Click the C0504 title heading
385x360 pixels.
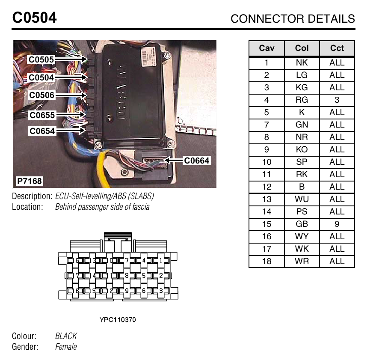pyautogui.click(x=34, y=18)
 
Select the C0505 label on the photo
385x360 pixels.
pyautogui.click(x=41, y=60)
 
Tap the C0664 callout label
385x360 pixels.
pyautogui.click(x=197, y=161)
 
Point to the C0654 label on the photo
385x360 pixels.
pyautogui.click(x=42, y=131)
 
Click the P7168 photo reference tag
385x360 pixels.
pyautogui.click(x=30, y=181)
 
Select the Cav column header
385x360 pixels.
pyautogui.click(x=267, y=48)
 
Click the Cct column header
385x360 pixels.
pyautogui.click(x=337, y=48)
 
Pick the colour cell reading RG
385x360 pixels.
pyautogui.click(x=302, y=100)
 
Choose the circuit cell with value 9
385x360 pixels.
pyautogui.click(x=337, y=224)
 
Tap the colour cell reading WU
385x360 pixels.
pyautogui.click(x=302, y=199)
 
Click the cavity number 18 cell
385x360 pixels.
pyautogui.click(x=267, y=261)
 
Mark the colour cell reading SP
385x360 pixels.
pyautogui.click(x=302, y=162)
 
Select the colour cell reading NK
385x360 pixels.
pyautogui.click(x=302, y=62)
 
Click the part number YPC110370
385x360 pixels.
pyautogui.click(x=118, y=320)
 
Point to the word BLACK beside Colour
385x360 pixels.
pyautogui.click(x=66, y=336)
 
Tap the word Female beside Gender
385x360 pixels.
pyautogui.click(x=66, y=347)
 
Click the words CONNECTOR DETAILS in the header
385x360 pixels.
pyautogui.click(x=293, y=19)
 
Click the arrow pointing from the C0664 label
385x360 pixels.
pyautogui.click(x=173, y=161)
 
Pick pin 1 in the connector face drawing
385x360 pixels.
pyautogui.click(x=161, y=260)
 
